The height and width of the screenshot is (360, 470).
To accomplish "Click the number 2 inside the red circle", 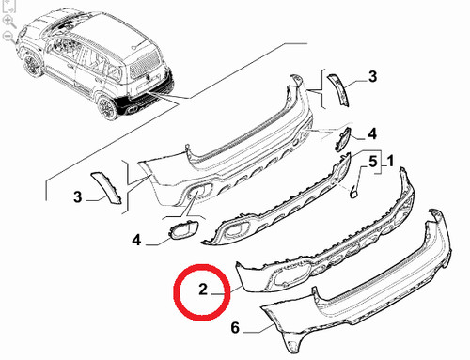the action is click(x=203, y=290).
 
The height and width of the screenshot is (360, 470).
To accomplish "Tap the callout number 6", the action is click(x=235, y=328).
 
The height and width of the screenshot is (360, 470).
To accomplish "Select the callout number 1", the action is click(x=390, y=162).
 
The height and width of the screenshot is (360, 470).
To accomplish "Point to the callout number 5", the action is click(x=372, y=162).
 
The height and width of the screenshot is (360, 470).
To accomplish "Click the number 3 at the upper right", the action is click(x=372, y=76).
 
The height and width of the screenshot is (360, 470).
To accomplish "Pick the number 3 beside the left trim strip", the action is click(x=77, y=197).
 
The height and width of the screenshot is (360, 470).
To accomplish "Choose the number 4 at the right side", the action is click(x=372, y=133).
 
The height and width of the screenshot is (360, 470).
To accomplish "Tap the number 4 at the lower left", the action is click(x=136, y=241).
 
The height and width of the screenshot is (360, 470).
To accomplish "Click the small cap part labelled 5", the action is click(x=353, y=193).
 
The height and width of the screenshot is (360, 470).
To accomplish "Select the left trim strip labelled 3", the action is click(x=107, y=187).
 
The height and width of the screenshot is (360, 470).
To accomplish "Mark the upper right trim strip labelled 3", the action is click(x=338, y=89).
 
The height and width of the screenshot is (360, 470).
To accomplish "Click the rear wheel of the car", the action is click(x=106, y=108).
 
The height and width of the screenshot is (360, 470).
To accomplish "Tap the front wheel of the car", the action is click(x=32, y=65).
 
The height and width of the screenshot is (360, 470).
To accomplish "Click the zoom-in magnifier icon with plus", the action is click(x=8, y=22).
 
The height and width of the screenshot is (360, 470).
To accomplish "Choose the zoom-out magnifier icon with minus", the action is click(x=8, y=37).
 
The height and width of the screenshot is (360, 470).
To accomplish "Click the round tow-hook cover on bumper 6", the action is click(x=292, y=345).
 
